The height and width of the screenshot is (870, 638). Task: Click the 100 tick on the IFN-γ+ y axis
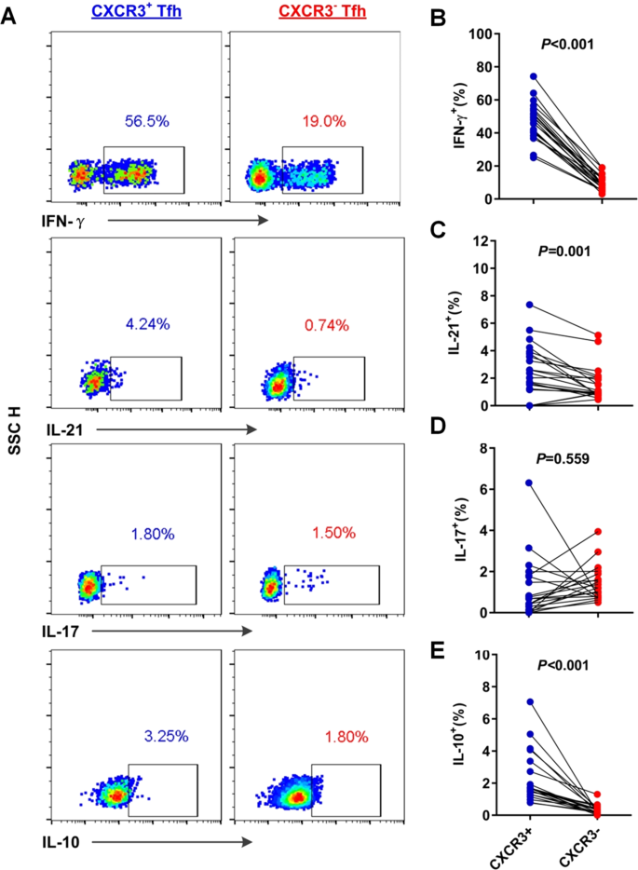(x=505, y=34)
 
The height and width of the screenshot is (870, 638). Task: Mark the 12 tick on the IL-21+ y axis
(x=509, y=241)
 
